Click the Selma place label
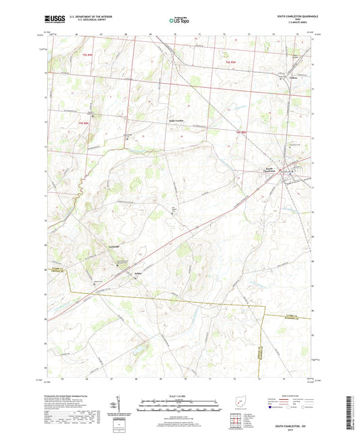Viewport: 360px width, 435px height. point(138,267)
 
